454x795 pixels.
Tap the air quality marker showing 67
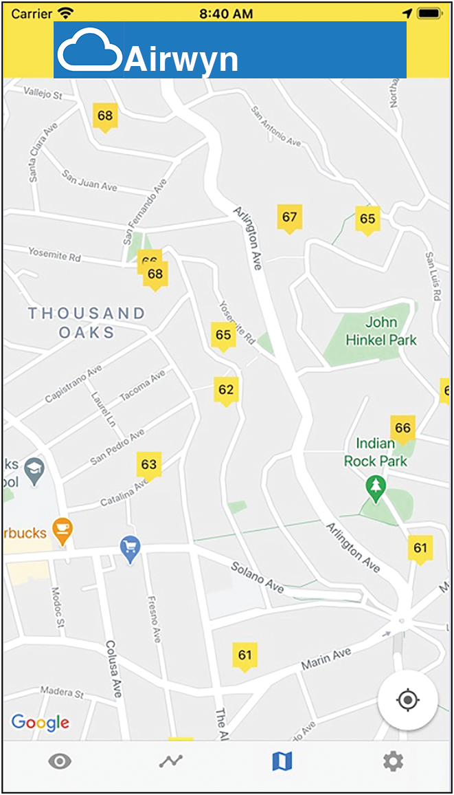pyautogui.click(x=289, y=218)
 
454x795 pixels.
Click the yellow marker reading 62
pyautogui.click(x=225, y=390)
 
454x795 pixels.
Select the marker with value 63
pyautogui.click(x=148, y=464)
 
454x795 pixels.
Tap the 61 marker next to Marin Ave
pyautogui.click(x=245, y=655)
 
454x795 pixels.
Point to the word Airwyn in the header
pyautogui.click(x=181, y=60)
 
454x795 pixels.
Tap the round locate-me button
pyautogui.click(x=407, y=700)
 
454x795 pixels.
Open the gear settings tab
pyautogui.click(x=393, y=761)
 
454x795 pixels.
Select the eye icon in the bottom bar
pyautogui.click(x=60, y=761)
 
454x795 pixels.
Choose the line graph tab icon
pyautogui.click(x=171, y=761)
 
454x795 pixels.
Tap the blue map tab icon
pyautogui.click(x=282, y=761)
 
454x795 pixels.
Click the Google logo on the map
pyautogui.click(x=41, y=722)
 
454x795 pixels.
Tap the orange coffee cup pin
pyautogui.click(x=63, y=530)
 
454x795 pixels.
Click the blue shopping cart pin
pyautogui.click(x=130, y=549)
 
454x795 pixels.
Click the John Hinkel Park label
pyautogui.click(x=381, y=331)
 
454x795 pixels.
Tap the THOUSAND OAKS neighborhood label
pyautogui.click(x=87, y=323)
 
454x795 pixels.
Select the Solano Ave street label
pyautogui.click(x=257, y=578)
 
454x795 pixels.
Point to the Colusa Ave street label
pyautogui.click(x=113, y=669)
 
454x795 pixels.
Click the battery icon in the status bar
pyautogui.click(x=429, y=13)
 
